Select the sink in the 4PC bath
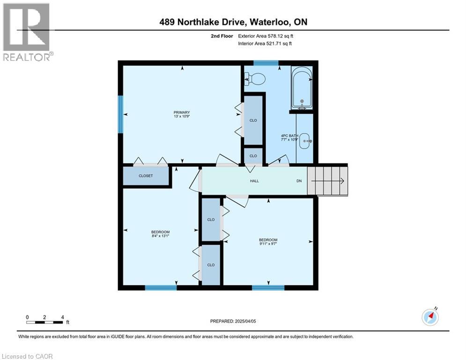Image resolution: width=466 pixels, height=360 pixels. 305,140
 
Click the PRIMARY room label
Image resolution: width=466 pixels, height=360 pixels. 181,112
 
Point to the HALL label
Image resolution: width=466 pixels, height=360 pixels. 254,181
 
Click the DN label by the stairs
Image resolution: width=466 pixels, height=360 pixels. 299,181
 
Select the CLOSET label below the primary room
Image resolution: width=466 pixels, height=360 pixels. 146,176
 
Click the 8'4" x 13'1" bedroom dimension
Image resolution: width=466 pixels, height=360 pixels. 160,236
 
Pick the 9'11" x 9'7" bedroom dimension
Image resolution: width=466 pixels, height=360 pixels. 268,244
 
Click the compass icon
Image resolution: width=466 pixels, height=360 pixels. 430,317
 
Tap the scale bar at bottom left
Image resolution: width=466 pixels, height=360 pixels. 45,322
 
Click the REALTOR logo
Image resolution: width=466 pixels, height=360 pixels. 27,31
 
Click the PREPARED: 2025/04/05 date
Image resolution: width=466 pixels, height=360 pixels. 234,321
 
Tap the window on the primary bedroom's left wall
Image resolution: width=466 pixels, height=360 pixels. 120,114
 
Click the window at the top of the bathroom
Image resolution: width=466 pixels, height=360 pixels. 266,63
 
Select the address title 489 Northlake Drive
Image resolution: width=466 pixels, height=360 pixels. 233,22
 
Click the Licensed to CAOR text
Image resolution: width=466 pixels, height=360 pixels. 28,356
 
